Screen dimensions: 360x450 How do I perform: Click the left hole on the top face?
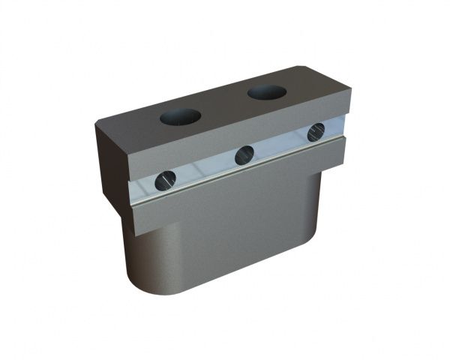[x=180, y=117]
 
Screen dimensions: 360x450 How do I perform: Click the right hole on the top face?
[x=267, y=92]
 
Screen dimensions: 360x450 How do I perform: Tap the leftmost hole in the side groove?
[x=166, y=180]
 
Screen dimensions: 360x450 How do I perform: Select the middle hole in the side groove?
[x=244, y=155]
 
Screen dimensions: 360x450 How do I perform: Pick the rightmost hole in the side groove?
[x=316, y=132]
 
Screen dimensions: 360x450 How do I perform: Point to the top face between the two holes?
[x=223, y=105]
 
